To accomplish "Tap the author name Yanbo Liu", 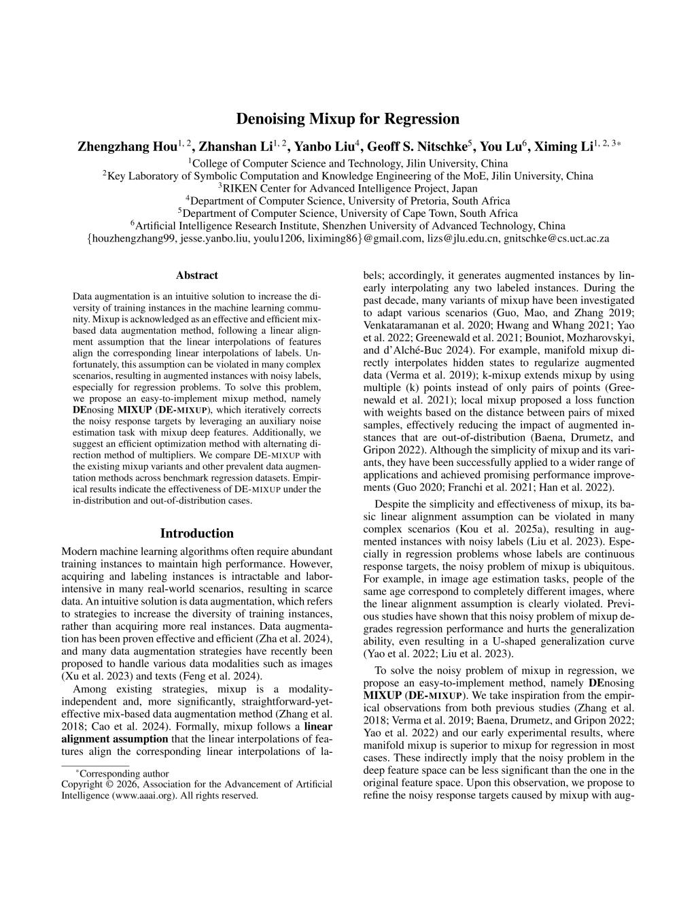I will click(x=324, y=147).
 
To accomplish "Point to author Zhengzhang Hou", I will click(x=127, y=147).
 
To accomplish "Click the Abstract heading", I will click(x=196, y=275).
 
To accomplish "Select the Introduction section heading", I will click(x=196, y=533).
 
